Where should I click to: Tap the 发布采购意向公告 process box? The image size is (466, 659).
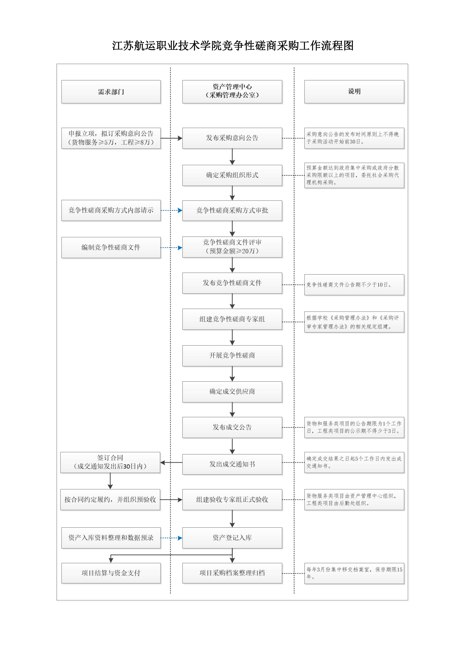[232, 138]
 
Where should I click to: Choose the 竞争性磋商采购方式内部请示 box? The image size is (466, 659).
[111, 210]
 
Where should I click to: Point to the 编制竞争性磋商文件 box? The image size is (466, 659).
[111, 247]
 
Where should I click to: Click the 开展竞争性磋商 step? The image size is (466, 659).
[232, 356]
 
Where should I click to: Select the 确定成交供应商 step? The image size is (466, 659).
[232, 392]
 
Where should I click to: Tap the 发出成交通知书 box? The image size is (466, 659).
[232, 464]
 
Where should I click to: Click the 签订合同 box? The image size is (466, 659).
[110, 462]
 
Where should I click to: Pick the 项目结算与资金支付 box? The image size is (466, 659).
[111, 573]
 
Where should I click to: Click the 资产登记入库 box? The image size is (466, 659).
[232, 538]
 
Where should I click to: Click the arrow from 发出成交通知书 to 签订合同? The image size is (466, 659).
[171, 462]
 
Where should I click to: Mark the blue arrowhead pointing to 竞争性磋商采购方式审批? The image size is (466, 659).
[180, 210]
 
